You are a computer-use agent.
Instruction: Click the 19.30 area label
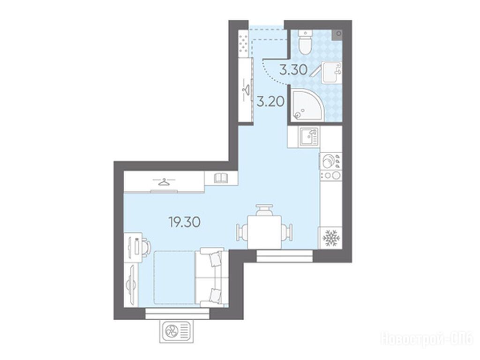(185, 222)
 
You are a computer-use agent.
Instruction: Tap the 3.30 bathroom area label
(293, 70)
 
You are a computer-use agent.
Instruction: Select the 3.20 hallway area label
(270, 101)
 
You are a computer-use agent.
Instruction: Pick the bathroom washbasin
(331, 72)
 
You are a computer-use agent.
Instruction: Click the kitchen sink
(309, 136)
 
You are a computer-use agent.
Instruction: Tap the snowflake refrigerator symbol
(330, 238)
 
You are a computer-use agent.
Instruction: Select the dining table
(264, 232)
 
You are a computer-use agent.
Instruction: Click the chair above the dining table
(264, 210)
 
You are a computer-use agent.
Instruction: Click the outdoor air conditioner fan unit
(177, 331)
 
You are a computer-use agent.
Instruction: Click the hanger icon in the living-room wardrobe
(164, 182)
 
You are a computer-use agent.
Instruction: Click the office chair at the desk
(145, 245)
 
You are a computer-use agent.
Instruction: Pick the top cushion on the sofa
(215, 259)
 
